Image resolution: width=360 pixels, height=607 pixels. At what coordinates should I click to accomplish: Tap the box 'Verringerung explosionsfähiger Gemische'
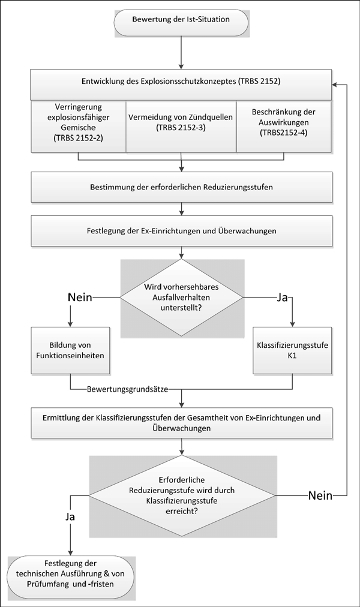(79, 126)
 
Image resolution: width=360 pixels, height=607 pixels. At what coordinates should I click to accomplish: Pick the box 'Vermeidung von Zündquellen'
(181, 126)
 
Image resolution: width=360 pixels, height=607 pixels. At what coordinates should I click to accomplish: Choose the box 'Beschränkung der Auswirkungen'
(284, 126)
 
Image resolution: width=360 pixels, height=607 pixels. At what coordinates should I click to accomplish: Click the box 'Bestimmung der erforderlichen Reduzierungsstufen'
(181, 187)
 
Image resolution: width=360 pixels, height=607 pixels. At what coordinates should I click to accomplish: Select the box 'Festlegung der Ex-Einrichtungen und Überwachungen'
(181, 231)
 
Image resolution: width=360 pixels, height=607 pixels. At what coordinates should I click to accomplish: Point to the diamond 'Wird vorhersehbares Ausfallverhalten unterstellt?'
(182, 298)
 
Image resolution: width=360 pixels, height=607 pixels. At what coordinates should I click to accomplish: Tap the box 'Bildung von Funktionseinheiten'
(70, 350)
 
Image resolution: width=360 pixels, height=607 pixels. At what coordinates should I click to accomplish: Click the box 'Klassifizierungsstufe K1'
(292, 350)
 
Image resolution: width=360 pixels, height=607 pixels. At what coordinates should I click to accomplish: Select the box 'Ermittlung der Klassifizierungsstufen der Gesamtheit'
(181, 423)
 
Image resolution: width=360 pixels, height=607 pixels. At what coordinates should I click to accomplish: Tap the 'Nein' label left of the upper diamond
(80, 298)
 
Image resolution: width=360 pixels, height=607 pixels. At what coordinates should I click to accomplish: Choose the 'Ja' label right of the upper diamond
(283, 298)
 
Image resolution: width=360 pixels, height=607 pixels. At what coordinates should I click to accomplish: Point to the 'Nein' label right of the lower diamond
(320, 495)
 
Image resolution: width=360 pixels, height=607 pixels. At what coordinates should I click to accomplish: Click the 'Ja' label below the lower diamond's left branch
(70, 517)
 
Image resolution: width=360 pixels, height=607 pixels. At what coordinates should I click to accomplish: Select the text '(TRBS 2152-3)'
(181, 127)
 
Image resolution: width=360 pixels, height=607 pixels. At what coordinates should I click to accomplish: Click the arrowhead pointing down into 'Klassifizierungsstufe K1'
(292, 324)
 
